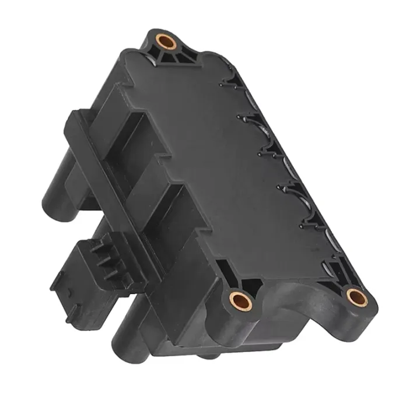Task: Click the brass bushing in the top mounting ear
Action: [x=166, y=43]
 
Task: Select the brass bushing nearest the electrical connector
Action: [x=240, y=301]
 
